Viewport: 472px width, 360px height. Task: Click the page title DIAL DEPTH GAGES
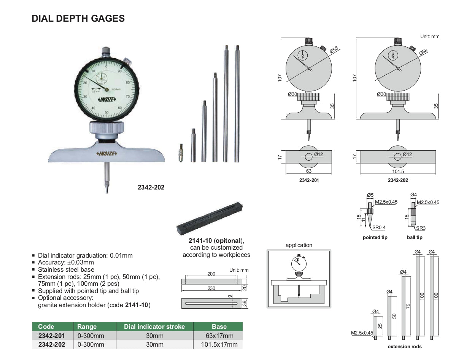pyautogui.click(x=78, y=19)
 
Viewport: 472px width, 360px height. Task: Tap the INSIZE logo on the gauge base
pyautogui.click(x=106, y=153)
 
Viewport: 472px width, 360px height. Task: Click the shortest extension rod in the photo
pyautogui.click(x=181, y=153)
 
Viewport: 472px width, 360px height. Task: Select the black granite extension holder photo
pyautogui.click(x=210, y=218)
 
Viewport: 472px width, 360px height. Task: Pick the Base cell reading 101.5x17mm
pyautogui.click(x=219, y=344)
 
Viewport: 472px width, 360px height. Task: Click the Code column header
pyautogui.click(x=46, y=327)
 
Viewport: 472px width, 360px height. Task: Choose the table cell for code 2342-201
pyautogui.click(x=52, y=336)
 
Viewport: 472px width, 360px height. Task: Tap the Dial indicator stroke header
pyautogui.click(x=154, y=327)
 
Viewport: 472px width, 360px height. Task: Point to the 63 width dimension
pyautogui.click(x=308, y=171)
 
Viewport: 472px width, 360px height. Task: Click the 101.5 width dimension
pyautogui.click(x=398, y=171)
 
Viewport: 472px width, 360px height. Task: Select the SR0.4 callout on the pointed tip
pyautogui.click(x=379, y=227)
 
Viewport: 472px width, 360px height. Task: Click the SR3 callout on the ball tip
pyautogui.click(x=421, y=228)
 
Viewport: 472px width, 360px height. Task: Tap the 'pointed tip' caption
pyautogui.click(x=375, y=237)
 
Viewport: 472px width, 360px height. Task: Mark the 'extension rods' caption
pyautogui.click(x=405, y=346)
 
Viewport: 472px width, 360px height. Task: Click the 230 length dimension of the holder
pyautogui.click(x=211, y=288)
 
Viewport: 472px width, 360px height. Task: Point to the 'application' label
pyautogui.click(x=299, y=245)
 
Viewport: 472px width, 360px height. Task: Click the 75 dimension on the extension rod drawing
pyautogui.click(x=408, y=306)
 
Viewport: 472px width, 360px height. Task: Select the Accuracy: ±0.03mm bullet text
pyautogui.click(x=66, y=262)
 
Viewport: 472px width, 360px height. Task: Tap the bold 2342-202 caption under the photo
pyautogui.click(x=151, y=187)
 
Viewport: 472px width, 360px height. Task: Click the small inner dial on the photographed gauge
pyautogui.click(x=101, y=78)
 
